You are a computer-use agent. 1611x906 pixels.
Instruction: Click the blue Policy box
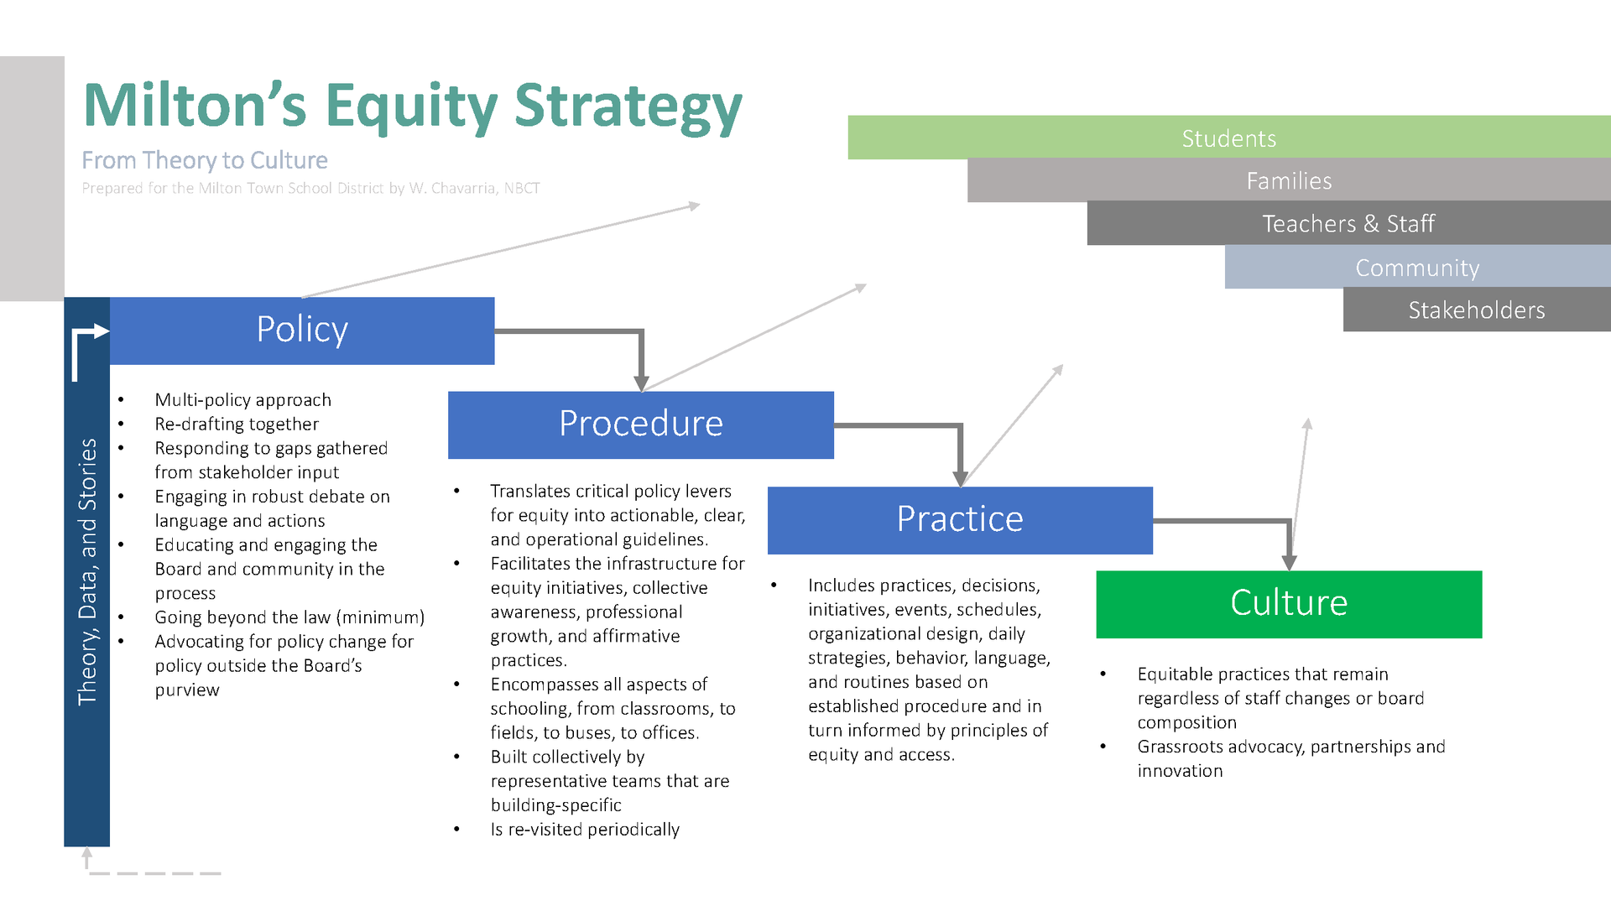click(302, 331)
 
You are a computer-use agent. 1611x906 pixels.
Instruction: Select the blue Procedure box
click(640, 424)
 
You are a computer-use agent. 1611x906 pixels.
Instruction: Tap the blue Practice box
click(959, 520)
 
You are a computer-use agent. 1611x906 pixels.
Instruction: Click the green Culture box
click(1288, 604)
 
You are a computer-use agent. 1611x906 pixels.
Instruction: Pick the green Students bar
click(1228, 138)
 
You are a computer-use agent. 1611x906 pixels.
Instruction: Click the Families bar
click(1288, 180)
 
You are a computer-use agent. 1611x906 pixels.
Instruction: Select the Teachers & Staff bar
click(1348, 223)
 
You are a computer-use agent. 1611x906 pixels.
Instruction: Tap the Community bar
click(1416, 267)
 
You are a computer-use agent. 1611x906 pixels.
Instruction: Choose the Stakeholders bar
click(1476, 310)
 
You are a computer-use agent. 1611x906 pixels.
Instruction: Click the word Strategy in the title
click(628, 107)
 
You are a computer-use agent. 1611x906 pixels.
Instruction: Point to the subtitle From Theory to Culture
click(205, 159)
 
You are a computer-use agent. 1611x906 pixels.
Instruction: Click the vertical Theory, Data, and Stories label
click(87, 570)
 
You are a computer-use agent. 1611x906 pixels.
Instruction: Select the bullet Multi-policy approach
click(242, 399)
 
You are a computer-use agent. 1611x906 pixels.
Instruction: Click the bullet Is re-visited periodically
click(585, 829)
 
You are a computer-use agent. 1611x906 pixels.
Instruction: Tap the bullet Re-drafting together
click(237, 424)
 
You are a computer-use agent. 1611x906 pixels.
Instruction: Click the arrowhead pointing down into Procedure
click(641, 383)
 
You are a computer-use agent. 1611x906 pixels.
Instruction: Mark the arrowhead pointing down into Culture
click(1289, 562)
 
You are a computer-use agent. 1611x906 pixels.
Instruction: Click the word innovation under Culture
click(1180, 770)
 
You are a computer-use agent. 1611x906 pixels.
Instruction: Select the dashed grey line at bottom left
click(155, 873)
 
